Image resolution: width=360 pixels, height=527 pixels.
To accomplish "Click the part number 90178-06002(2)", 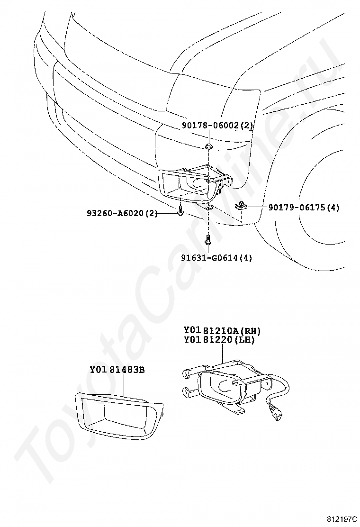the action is click(x=217, y=126).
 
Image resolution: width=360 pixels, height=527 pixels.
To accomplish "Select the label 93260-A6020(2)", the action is click(x=122, y=213).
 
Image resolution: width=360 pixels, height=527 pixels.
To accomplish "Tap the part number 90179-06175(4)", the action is click(x=304, y=207).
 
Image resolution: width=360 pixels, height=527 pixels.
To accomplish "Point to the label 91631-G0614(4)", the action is click(x=216, y=258).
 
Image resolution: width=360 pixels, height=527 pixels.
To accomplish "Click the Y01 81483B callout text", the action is click(x=117, y=370).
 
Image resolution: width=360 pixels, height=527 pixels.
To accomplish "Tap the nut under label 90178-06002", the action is click(x=209, y=146).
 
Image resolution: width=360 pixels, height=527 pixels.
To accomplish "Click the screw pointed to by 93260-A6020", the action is click(x=181, y=212).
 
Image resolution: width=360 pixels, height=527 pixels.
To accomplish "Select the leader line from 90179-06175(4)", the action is click(x=258, y=207).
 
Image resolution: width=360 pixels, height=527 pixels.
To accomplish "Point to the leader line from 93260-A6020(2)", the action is click(x=166, y=213).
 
